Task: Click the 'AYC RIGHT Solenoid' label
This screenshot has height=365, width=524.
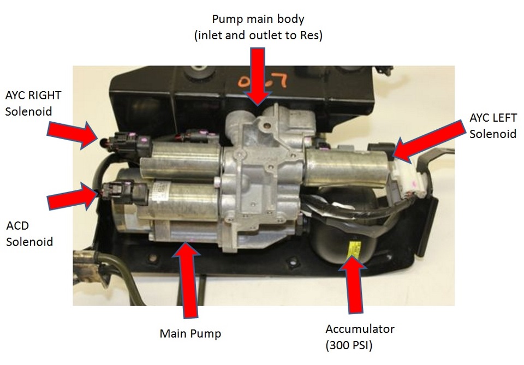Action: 33,103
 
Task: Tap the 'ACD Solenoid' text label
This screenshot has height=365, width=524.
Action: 29,234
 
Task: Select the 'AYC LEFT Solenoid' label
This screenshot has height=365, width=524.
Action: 493,125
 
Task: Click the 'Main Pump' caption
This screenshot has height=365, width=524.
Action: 190,333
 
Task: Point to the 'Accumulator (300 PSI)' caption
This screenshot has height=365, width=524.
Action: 360,337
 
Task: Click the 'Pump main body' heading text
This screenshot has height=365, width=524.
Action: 258,19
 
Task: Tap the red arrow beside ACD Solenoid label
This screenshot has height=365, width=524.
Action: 73,196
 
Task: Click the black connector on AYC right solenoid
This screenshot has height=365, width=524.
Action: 127,144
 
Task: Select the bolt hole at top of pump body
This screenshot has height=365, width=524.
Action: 267,126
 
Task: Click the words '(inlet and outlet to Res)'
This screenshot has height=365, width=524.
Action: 258,35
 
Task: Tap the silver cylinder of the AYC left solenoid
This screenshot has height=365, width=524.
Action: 348,167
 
